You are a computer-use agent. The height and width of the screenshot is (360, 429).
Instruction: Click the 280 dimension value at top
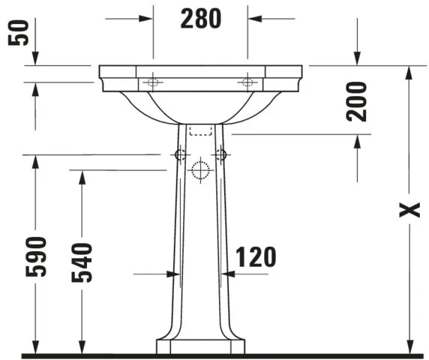click(x=200, y=18)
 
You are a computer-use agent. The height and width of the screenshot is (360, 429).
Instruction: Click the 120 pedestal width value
click(x=256, y=257)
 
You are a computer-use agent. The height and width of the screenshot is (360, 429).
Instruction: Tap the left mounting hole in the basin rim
click(x=153, y=81)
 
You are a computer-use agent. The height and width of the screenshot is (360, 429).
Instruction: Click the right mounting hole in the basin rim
click(x=247, y=81)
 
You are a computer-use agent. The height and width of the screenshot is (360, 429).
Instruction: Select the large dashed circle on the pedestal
click(x=199, y=170)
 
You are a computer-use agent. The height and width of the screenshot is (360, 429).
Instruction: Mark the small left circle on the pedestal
click(x=179, y=154)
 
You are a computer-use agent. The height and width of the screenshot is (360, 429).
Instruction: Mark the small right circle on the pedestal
click(x=220, y=154)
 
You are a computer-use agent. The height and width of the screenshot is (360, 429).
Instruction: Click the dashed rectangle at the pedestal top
click(x=200, y=130)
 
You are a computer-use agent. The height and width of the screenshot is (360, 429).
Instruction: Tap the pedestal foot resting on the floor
click(x=200, y=346)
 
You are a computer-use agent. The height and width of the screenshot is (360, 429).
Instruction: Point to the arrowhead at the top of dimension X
click(x=409, y=72)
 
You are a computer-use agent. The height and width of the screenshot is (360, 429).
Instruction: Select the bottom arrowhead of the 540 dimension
click(x=81, y=347)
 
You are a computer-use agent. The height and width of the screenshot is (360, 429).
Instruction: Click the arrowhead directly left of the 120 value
click(x=228, y=274)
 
